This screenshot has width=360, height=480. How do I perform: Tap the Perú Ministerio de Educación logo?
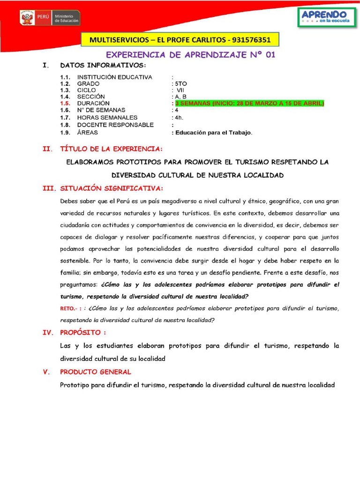[50, 18]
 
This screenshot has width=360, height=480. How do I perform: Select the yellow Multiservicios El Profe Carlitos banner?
[180, 40]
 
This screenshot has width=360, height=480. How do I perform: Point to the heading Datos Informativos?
[103, 65]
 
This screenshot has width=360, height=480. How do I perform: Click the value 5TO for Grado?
[180, 83]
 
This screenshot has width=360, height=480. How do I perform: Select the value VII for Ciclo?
[180, 90]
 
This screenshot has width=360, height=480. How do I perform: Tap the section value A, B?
[180, 97]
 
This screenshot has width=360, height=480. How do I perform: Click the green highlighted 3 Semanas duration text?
[249, 103]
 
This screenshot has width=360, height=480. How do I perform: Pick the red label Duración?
[93, 103]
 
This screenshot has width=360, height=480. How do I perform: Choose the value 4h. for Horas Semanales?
[178, 118]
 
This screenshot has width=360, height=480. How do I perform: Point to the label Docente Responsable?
[115, 125]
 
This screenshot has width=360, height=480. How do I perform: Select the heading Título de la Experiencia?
[111, 149]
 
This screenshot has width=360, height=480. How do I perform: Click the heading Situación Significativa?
[111, 188]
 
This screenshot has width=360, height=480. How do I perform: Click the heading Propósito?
[83, 332]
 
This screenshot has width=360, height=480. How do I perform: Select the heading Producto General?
[96, 372]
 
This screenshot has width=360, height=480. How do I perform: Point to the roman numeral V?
[45, 372]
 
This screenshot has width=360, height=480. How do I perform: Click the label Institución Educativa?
[114, 77]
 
